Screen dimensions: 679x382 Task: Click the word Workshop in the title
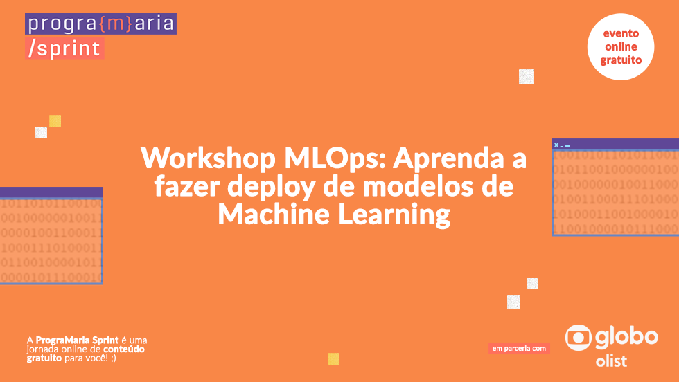click(209, 158)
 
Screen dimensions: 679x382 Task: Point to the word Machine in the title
click(274, 214)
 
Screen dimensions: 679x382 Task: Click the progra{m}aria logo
click(101, 24)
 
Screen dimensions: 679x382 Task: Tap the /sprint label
click(64, 48)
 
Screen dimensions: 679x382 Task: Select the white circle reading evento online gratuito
click(621, 47)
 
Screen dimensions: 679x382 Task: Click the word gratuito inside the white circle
click(621, 60)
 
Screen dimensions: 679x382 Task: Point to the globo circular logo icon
click(578, 338)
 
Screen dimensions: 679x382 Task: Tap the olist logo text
click(611, 361)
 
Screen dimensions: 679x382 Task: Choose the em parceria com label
click(519, 349)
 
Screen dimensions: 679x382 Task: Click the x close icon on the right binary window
click(556, 145)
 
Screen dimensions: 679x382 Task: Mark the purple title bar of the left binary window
click(51, 192)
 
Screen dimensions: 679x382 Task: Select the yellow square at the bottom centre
click(333, 358)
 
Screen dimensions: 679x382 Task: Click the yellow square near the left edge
click(55, 120)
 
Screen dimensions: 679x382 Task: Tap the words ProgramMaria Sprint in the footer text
click(77, 340)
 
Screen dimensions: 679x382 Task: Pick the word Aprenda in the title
click(448, 159)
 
